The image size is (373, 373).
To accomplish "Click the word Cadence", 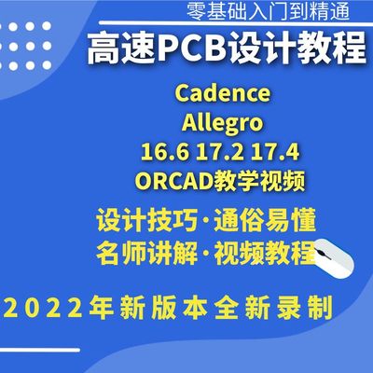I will (222, 95).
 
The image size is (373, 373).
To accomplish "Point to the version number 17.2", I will (221, 150).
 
